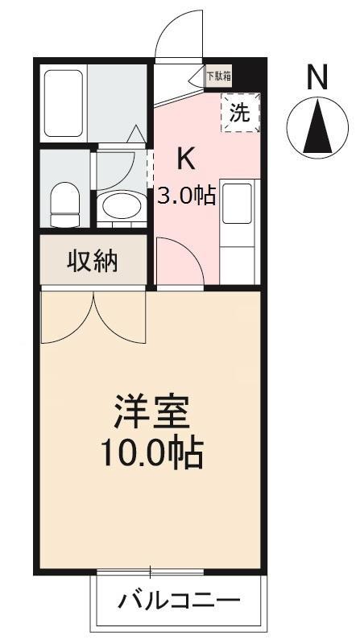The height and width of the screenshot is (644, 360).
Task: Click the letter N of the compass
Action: (318, 78)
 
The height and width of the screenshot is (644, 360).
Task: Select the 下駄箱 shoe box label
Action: (218, 77)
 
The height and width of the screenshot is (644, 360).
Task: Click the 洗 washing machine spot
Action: (240, 114)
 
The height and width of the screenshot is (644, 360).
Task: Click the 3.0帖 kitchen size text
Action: (186, 195)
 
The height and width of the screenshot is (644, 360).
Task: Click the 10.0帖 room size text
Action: (151, 455)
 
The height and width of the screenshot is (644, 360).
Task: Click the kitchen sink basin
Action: (237, 204)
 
